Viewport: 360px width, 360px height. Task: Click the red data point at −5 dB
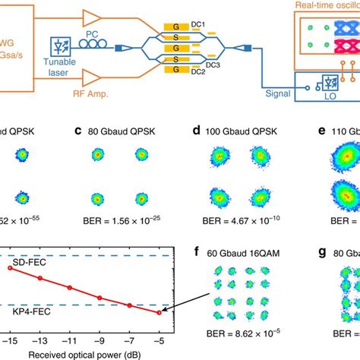[x=159, y=312]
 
